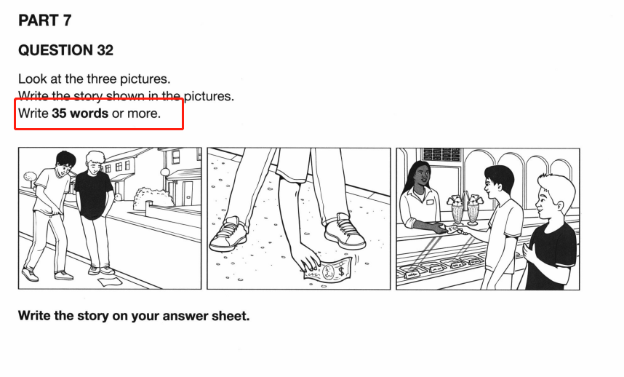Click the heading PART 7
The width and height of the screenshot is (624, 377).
tap(44, 20)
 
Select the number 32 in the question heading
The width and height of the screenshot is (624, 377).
tap(105, 50)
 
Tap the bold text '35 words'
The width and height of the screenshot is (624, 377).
tap(80, 114)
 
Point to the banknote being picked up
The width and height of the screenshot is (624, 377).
tap(328, 270)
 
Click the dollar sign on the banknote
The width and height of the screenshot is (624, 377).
tap(341, 271)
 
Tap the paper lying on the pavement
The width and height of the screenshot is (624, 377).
tap(109, 281)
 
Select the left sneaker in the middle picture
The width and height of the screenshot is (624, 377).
tap(228, 234)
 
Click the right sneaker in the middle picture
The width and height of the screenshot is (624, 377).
tap(345, 231)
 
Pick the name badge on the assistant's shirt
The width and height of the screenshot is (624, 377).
tap(429, 202)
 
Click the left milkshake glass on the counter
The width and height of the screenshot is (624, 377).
tap(457, 209)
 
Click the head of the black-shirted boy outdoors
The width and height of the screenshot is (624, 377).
tap(95, 162)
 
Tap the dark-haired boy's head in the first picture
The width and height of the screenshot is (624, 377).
tap(65, 164)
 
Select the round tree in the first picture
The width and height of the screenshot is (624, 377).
tap(30, 175)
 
